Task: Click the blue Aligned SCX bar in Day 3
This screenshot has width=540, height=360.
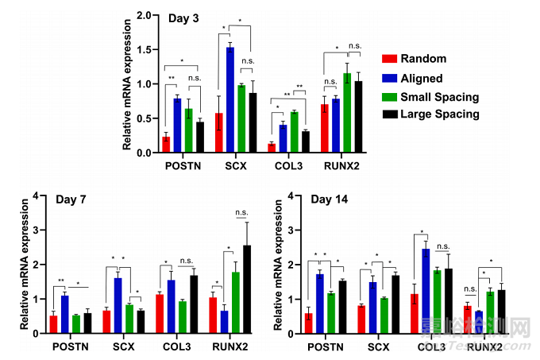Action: pyautogui.click(x=230, y=100)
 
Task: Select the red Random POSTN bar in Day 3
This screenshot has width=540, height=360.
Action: pyautogui.click(x=166, y=144)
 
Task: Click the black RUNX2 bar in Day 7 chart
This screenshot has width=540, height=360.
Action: pyautogui.click(x=246, y=286)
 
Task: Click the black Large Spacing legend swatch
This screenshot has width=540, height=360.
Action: pyautogui.click(x=388, y=114)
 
